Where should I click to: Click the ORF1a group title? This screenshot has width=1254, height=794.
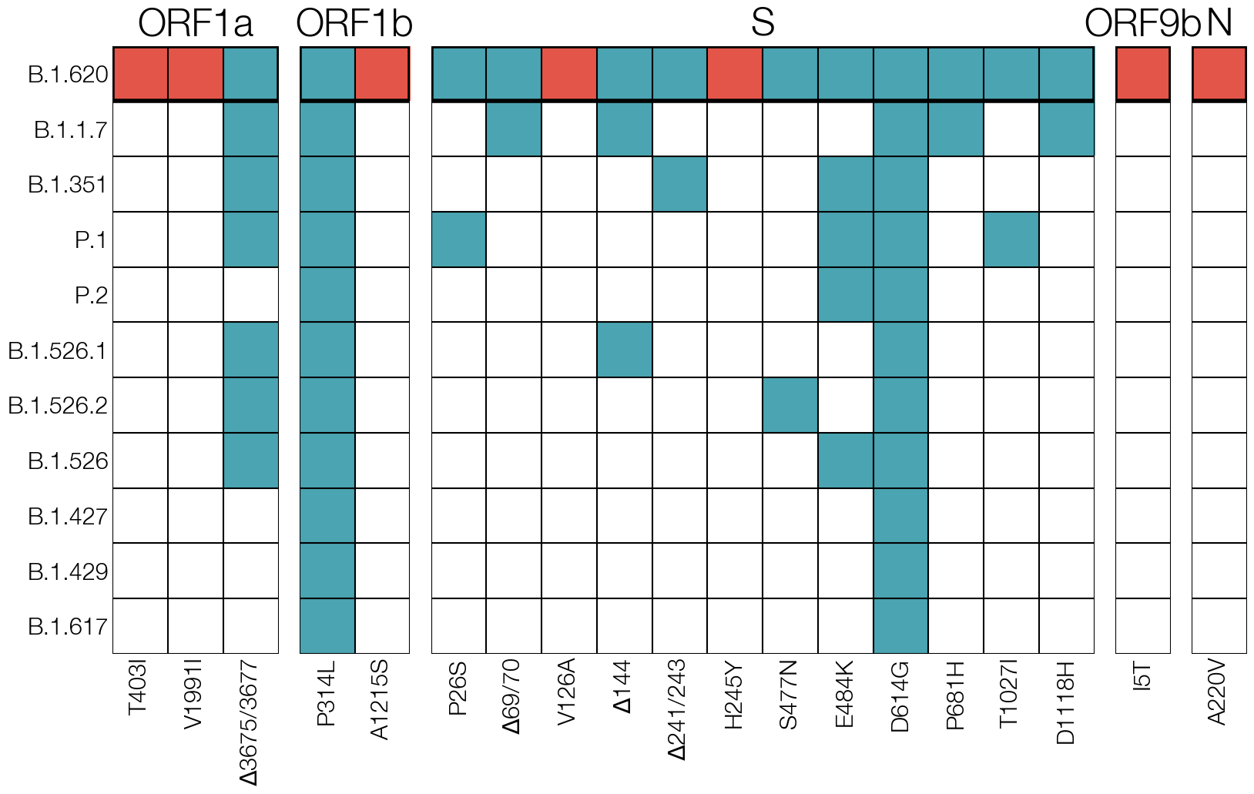195,23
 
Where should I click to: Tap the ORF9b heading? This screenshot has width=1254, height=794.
1142,23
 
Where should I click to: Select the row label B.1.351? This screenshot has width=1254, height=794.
68,185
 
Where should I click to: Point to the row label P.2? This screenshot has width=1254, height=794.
91,295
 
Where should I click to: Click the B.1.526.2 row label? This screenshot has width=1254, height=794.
58,405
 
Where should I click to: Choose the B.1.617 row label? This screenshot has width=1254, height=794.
68,626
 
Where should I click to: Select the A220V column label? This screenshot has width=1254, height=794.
1217,696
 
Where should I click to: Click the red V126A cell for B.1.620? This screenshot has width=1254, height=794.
569,74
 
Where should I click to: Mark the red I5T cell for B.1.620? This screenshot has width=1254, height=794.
1143,74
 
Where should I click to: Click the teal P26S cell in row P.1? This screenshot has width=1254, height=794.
459,240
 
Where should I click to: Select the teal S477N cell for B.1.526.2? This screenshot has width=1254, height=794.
790,405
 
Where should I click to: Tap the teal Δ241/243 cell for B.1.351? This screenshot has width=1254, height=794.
679,184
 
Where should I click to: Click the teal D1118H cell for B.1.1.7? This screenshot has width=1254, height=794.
1067,129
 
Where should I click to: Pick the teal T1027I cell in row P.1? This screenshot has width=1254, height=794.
1011,240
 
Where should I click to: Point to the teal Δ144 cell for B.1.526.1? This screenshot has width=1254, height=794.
625,350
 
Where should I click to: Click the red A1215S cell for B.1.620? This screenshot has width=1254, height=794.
382,74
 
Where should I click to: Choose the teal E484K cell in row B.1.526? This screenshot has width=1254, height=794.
846,461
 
